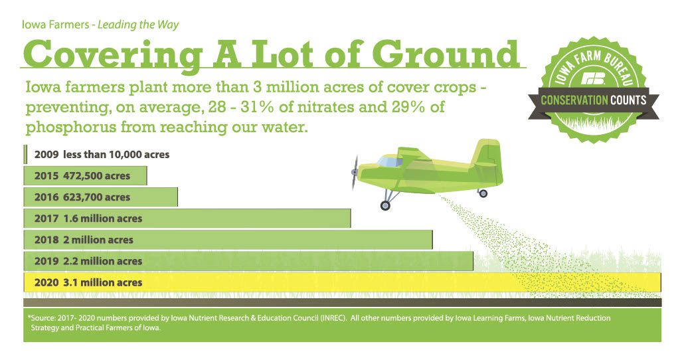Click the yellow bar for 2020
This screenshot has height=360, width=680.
click(x=342, y=282)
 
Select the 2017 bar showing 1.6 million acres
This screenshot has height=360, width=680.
click(x=187, y=218)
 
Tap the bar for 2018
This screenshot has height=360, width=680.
click(x=228, y=239)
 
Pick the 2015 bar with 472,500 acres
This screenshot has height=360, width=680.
click(x=85, y=175)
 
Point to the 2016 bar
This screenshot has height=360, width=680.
click(x=100, y=197)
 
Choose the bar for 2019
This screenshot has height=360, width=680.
click(x=248, y=261)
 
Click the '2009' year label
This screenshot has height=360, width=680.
click(x=46, y=154)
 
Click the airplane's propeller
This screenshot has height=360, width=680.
click(x=355, y=173)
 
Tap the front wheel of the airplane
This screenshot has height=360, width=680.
click(x=385, y=206)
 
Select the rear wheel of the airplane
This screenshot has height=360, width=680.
click(x=483, y=193)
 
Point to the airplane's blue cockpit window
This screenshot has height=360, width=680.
click(x=389, y=162)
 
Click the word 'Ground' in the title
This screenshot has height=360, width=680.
click(x=446, y=54)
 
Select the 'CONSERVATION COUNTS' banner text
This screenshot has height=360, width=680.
click(x=593, y=100)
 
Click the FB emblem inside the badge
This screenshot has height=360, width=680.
click(x=594, y=78)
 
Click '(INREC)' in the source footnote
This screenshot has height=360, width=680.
click(x=333, y=318)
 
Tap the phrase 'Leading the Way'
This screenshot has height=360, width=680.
click(x=138, y=25)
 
